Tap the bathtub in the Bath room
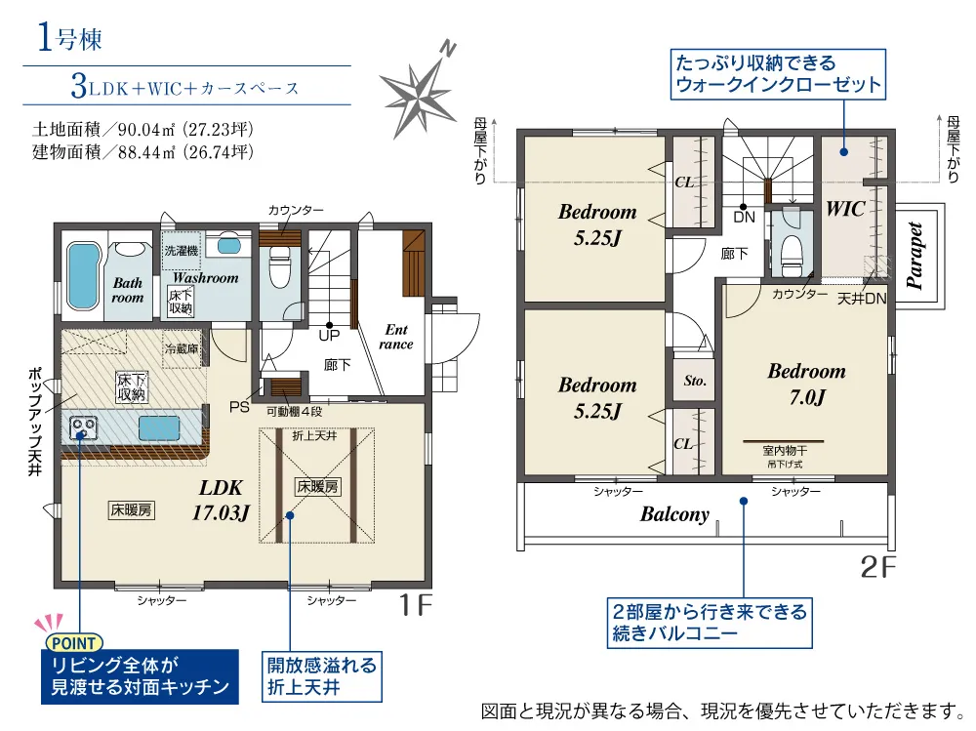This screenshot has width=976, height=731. tap(83, 275)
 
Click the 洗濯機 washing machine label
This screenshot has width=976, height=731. tap(182, 250)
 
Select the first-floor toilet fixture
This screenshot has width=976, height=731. tap(279, 266)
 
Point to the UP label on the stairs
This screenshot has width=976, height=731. tap(329, 336)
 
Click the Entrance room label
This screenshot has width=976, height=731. tap(396, 337)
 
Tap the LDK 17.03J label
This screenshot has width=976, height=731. tap(221, 500)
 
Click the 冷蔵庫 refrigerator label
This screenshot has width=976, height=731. tap(182, 348)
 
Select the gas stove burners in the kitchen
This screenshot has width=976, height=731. tap(83, 427)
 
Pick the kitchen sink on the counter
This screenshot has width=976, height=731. tap(159, 428)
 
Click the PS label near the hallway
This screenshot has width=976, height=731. tap(239, 407)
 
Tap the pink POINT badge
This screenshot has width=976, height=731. tap(74, 643)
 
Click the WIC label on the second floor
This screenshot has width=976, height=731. tap(845, 209)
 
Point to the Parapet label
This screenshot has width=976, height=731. tap(914, 256)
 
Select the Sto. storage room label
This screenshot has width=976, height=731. tap(695, 381)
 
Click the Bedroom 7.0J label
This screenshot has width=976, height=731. tap(807, 384)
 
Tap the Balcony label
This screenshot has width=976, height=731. tap(674, 514)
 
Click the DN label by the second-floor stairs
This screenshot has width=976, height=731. tap(744, 218)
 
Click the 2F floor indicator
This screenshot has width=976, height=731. tap(877, 566)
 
